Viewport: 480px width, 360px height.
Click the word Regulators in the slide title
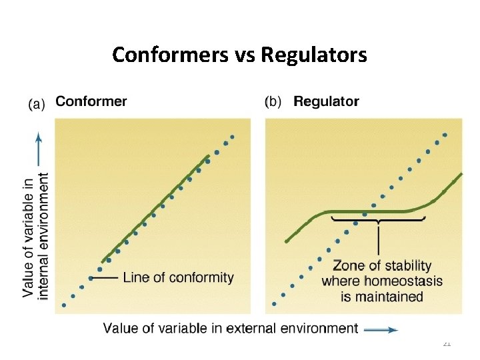pos(314,55)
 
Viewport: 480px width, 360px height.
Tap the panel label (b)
pos(273,103)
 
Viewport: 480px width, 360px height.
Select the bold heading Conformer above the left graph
pos(91,102)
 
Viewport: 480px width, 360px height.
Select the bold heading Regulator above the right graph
pos(326,102)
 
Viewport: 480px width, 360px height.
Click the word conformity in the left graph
pos(201,277)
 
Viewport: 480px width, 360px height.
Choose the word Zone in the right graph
pos(347,266)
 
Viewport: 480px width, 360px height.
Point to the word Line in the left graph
pos(136,277)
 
